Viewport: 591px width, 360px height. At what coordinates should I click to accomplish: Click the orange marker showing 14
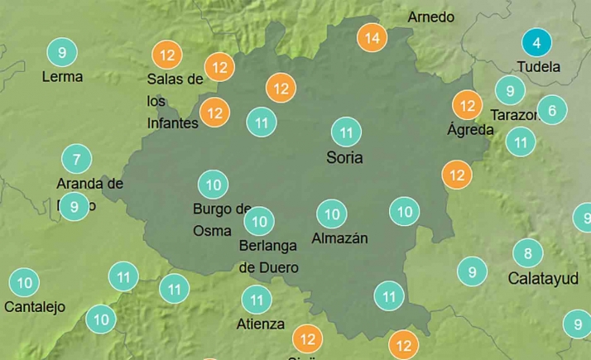[x=372, y=37]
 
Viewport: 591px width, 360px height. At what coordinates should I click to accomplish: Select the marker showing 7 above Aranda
[x=77, y=159]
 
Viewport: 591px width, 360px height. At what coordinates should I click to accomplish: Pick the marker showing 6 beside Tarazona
[x=552, y=109]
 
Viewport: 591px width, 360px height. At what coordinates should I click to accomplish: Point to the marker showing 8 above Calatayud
[x=527, y=252]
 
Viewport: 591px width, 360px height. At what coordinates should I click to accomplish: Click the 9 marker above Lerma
[x=62, y=53]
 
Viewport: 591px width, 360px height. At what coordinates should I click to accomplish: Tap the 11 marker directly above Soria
[x=346, y=132]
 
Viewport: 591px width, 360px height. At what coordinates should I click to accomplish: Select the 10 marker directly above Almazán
[x=332, y=214]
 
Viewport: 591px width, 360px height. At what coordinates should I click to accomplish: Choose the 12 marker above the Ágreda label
[x=468, y=105]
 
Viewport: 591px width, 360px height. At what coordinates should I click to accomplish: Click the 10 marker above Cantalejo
[x=24, y=283]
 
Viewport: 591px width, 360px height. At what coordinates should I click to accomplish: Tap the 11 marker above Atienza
[x=256, y=300]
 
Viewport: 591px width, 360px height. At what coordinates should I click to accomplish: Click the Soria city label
[x=344, y=157]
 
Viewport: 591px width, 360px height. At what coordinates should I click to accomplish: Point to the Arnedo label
[x=431, y=17]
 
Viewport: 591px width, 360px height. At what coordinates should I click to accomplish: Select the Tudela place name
[x=538, y=67]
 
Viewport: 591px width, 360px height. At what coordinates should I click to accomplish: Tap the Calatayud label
[x=543, y=279]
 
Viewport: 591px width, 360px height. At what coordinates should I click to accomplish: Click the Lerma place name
[x=62, y=77]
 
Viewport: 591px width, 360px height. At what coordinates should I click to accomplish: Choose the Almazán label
[x=339, y=238]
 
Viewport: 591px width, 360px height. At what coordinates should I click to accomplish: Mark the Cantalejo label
[x=35, y=307]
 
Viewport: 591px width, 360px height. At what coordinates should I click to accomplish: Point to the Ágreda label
[x=470, y=130]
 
